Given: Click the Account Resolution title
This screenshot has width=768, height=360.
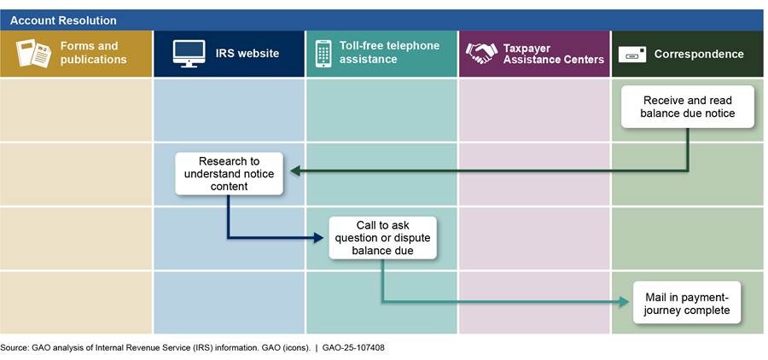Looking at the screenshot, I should click(63, 20).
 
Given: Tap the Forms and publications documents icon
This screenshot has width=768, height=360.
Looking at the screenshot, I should click(33, 53).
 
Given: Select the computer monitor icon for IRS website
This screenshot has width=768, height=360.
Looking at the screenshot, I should click(189, 53).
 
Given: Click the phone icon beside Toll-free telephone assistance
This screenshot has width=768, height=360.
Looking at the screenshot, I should click(323, 53).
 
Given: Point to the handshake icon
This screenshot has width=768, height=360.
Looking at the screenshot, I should click(481, 53).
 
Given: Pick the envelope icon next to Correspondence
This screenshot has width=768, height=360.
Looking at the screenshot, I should click(632, 54).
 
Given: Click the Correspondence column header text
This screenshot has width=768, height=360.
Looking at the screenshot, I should click(699, 54).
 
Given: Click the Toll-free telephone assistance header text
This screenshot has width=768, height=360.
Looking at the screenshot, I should click(388, 52).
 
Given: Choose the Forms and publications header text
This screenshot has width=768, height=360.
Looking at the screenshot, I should click(94, 53).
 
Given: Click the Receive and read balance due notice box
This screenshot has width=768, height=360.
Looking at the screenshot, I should click(688, 107).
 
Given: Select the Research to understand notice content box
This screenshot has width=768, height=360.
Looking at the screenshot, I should click(229, 173).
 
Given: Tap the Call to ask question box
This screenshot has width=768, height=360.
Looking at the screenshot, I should click(383, 238).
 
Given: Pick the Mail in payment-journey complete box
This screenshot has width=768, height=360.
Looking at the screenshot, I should click(687, 302).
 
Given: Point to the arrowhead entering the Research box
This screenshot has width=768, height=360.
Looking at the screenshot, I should click(294, 171).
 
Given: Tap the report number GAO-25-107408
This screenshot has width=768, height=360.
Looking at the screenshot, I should click(358, 348).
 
